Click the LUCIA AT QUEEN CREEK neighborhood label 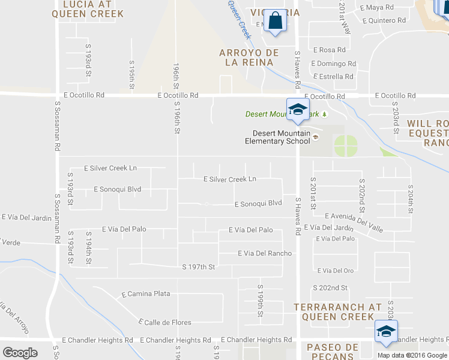tap(96, 8)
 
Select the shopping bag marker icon tap(276, 21)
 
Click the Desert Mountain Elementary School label tap(277, 137)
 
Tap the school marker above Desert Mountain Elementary tap(297, 109)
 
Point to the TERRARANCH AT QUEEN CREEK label tap(337, 311)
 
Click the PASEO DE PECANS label tap(333, 352)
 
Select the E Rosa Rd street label tap(329, 50)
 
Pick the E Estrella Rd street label tap(333, 77)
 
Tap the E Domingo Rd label tap(334, 64)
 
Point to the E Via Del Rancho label tap(265, 253)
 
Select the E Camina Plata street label tap(146, 294)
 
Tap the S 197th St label tap(198, 267)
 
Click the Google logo tap(20, 353)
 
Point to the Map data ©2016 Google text tap(412, 355)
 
